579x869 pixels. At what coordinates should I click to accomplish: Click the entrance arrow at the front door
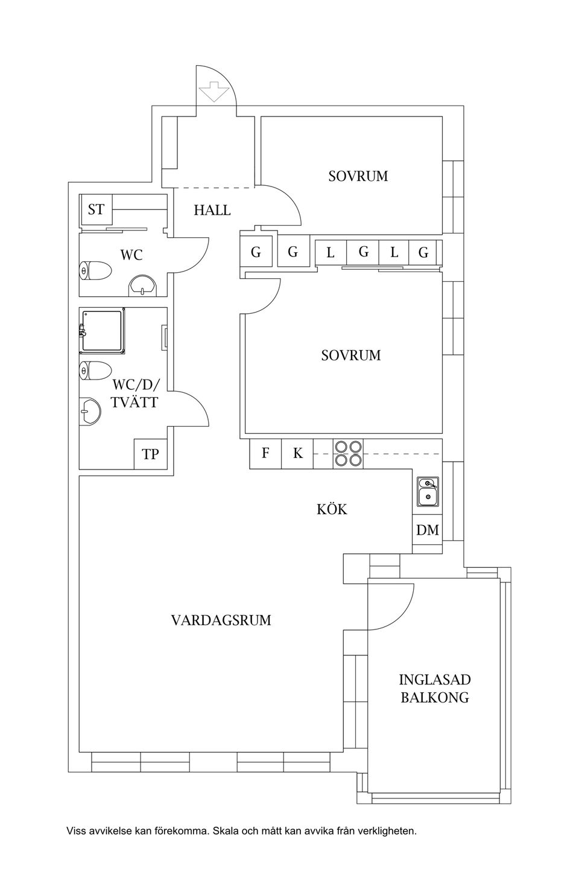point(213,91)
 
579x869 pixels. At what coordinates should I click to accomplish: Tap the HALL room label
point(212,210)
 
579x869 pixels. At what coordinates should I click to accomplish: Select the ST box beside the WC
point(96,210)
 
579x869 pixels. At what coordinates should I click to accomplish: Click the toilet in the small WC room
point(95,270)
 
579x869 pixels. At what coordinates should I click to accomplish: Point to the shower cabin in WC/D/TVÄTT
point(102,331)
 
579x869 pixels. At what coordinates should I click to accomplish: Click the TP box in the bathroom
point(150,454)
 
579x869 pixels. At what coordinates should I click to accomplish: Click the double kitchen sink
point(428,492)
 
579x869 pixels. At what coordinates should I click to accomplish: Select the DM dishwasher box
point(428,530)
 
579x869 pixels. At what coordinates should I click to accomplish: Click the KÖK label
point(332,509)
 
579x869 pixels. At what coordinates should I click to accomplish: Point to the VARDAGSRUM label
point(221,620)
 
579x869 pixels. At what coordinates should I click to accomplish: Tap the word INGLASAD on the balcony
point(435,680)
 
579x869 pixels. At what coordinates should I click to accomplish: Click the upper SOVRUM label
point(358,176)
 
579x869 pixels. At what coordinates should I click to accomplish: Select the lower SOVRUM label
point(351,355)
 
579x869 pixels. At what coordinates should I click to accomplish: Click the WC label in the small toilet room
point(131,255)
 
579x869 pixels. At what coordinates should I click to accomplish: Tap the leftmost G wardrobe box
point(256,252)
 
